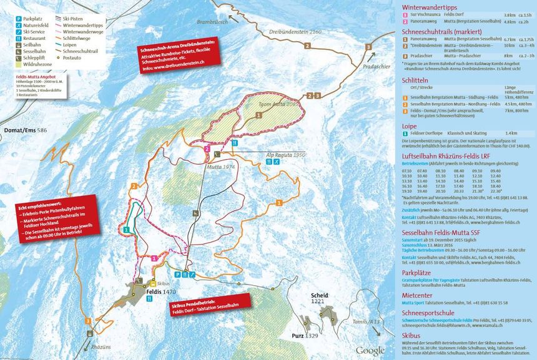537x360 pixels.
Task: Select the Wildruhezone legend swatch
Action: (x=19, y=62)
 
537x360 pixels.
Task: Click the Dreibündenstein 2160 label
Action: (x=287, y=31)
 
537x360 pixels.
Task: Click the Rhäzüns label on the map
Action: (x=101, y=345)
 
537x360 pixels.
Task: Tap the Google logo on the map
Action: (x=371, y=351)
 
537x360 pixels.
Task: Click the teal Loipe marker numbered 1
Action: (x=127, y=230)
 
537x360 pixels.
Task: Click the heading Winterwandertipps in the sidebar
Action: (x=431, y=7)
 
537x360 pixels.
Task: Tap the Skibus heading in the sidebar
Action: (x=411, y=334)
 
